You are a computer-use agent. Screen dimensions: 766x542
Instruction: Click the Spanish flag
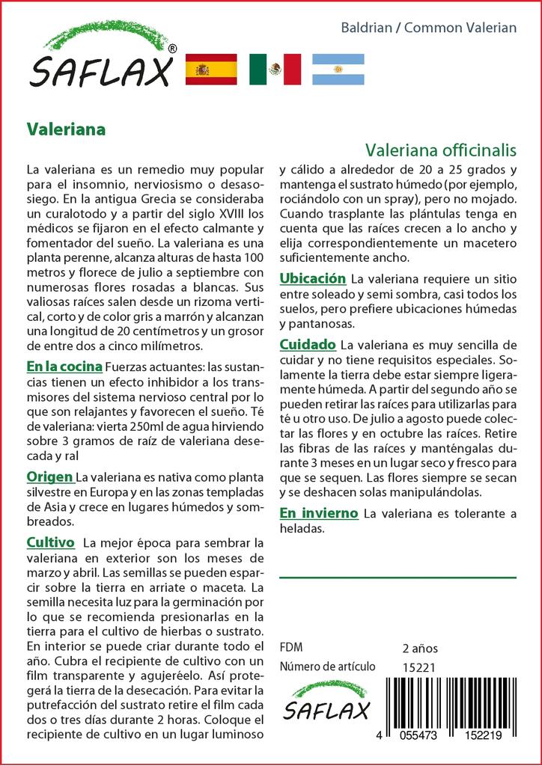(x=210, y=69)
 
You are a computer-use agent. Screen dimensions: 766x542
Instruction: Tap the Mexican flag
(x=274, y=69)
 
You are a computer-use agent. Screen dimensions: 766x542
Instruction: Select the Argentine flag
(x=338, y=69)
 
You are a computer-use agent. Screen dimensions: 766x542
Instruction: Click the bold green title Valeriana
(x=66, y=129)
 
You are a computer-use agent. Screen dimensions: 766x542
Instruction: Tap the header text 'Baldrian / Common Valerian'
(x=429, y=28)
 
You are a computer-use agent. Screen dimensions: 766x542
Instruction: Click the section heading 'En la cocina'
(x=64, y=367)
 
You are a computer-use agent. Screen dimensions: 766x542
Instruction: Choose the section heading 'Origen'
(x=49, y=477)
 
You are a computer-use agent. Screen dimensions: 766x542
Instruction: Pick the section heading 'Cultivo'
(x=50, y=542)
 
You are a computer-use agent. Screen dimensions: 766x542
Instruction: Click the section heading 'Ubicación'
(x=312, y=278)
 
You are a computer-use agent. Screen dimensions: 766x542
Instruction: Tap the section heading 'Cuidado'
(x=307, y=345)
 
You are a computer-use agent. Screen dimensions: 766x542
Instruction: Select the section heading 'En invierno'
(x=318, y=513)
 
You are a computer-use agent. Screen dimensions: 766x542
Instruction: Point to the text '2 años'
(x=420, y=648)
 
